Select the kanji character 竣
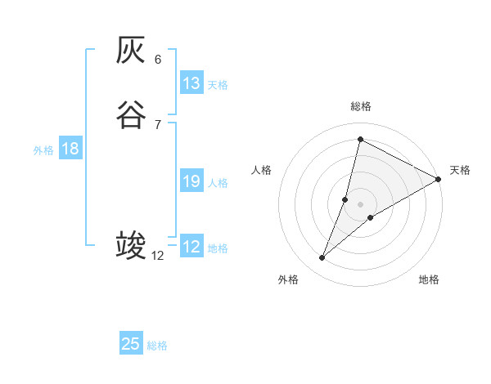[131, 245]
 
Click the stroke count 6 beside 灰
[158, 59]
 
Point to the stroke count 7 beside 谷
[158, 123]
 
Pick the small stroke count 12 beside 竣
[158, 256]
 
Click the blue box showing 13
[191, 83]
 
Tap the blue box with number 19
[191, 181]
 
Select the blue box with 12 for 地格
[191, 247]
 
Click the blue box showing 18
[70, 149]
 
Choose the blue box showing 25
[131, 344]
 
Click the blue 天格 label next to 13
[218, 85]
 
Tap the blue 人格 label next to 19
[218, 183]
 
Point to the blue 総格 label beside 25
[157, 346]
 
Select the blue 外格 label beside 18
[43, 150]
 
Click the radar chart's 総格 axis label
[361, 106]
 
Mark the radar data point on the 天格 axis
[439, 179]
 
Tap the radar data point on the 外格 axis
[322, 258]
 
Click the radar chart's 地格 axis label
[429, 280]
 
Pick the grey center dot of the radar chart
[361, 203]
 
